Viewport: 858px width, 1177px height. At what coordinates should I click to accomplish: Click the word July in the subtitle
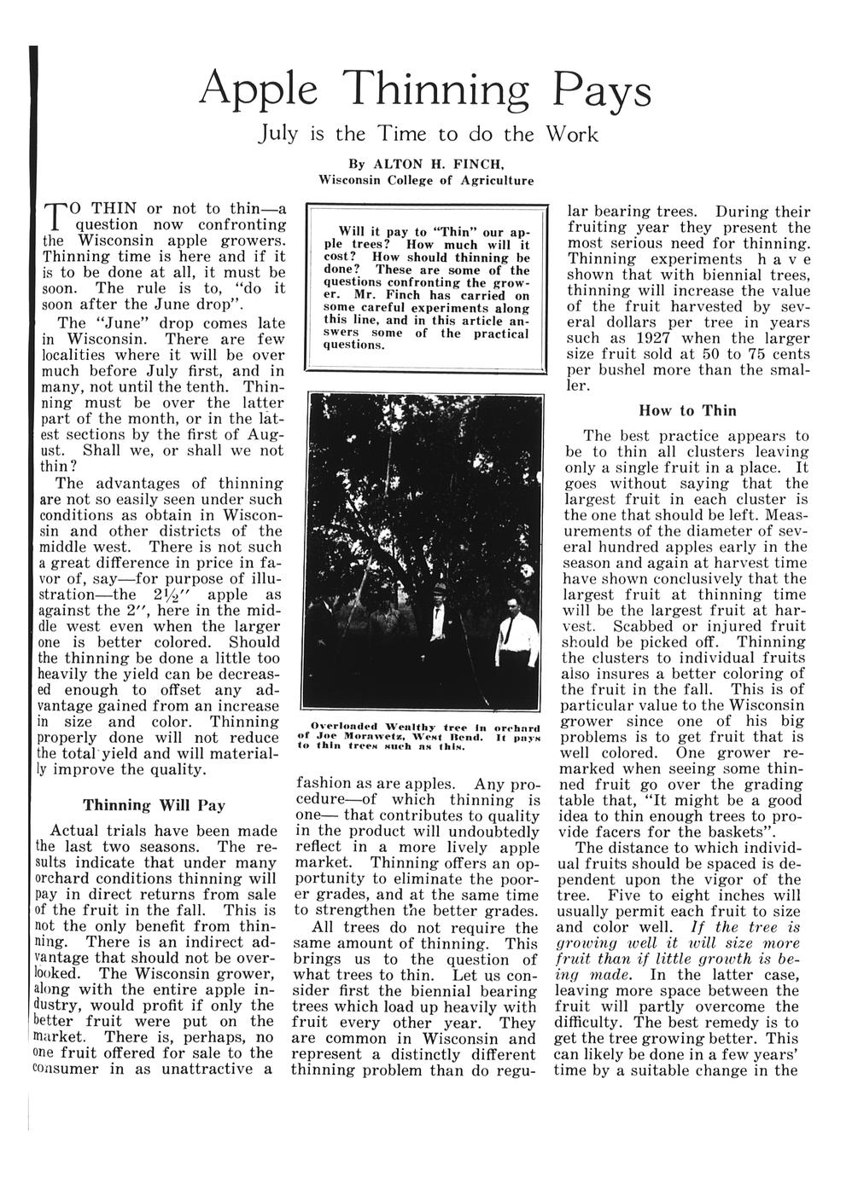[279, 135]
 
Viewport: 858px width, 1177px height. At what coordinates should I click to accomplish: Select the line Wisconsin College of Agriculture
[426, 181]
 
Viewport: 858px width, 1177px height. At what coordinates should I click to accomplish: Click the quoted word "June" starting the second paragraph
[113, 323]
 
